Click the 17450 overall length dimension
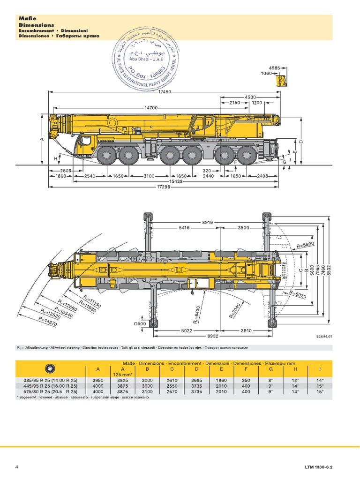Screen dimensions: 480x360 point(164,92)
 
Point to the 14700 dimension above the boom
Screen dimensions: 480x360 point(150,108)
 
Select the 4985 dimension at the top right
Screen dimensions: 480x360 point(274,68)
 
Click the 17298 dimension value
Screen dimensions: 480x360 point(163,187)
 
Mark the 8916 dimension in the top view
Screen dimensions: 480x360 point(208,222)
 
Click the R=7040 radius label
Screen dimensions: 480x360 point(237,310)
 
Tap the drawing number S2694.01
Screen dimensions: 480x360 point(323,336)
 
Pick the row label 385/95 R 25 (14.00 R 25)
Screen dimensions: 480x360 point(46,380)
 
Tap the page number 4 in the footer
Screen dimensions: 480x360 point(17,467)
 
